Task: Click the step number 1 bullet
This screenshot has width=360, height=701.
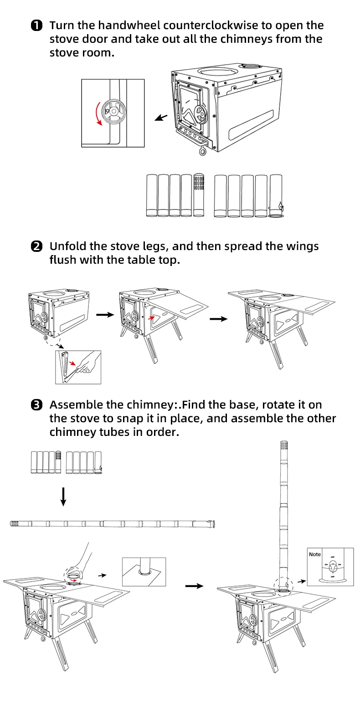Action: tap(36, 26)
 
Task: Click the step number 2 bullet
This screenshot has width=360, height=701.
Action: tap(36, 247)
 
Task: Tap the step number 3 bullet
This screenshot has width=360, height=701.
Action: tap(36, 405)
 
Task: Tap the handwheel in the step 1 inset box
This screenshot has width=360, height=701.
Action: tap(111, 111)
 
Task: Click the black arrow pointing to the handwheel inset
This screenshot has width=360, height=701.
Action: tap(161, 118)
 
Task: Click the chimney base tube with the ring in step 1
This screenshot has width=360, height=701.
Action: tap(276, 196)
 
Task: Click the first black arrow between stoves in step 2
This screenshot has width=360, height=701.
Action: tap(105, 315)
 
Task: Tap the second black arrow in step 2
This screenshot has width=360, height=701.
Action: tap(218, 318)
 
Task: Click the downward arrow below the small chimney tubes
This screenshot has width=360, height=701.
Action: tap(63, 496)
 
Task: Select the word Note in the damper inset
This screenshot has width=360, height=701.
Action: tap(315, 554)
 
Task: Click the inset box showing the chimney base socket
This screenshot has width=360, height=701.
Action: tap(144, 571)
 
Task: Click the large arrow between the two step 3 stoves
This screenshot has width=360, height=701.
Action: tap(194, 586)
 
